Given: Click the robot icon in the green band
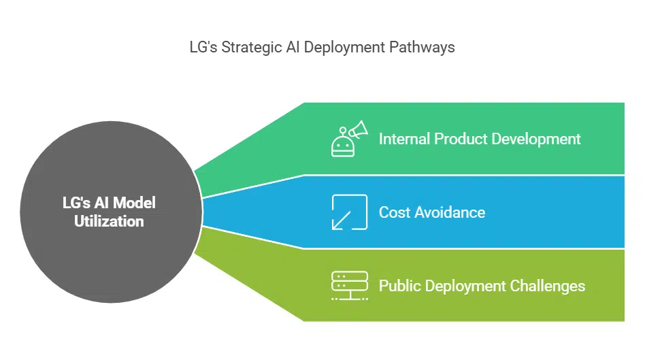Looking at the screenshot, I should click(342, 144).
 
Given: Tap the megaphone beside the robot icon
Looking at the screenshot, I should click(359, 129).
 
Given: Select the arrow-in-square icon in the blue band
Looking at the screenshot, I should click(349, 212).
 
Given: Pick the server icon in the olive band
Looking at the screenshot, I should click(349, 285).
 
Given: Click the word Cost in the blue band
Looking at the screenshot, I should click(394, 212).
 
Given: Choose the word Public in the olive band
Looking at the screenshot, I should click(399, 286).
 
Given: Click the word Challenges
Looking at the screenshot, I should click(548, 286).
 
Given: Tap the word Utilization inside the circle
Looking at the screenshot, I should click(109, 221).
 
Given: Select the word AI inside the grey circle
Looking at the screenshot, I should click(101, 203).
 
